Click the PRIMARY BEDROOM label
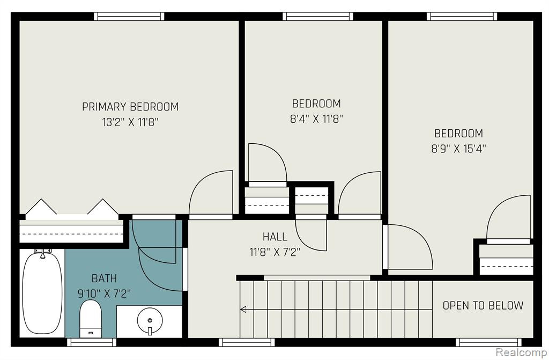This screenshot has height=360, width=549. coord(130,107)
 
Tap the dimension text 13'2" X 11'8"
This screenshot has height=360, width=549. coord(130,122)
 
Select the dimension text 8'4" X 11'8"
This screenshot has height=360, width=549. coord(316,119)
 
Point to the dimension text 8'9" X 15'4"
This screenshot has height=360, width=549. coord(458,149)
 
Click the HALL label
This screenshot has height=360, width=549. coord(275,237)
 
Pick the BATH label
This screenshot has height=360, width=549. coord(104,278)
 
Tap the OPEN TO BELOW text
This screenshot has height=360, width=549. coord(483,305)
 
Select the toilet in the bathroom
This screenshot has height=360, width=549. coord(91,319)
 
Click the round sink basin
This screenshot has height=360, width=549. coord(150,321)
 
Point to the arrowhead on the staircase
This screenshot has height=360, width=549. coord(243,309)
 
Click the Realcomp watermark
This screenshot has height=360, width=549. coord(522,352)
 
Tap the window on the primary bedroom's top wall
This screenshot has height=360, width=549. coord(129,16)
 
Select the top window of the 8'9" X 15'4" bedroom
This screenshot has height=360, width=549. coord(462,16)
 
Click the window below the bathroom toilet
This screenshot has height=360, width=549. coord(91,342)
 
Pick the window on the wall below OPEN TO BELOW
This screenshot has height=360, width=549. coord(488,342)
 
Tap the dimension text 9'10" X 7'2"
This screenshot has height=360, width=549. coord(104,293)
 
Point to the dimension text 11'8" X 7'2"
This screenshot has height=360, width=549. coord(275,252)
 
